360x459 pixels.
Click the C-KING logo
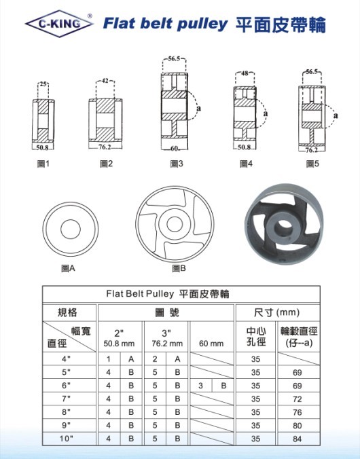point(59,24)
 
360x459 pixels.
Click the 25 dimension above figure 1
point(43,84)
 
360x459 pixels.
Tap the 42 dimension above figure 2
point(105,81)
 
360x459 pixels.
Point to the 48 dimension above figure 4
point(245,73)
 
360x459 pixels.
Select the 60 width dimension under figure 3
point(174,149)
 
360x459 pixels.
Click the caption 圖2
point(107,164)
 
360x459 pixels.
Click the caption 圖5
point(312,164)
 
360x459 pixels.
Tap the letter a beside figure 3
point(199,109)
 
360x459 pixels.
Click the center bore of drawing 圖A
point(71,229)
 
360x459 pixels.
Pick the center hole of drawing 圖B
point(175,224)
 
